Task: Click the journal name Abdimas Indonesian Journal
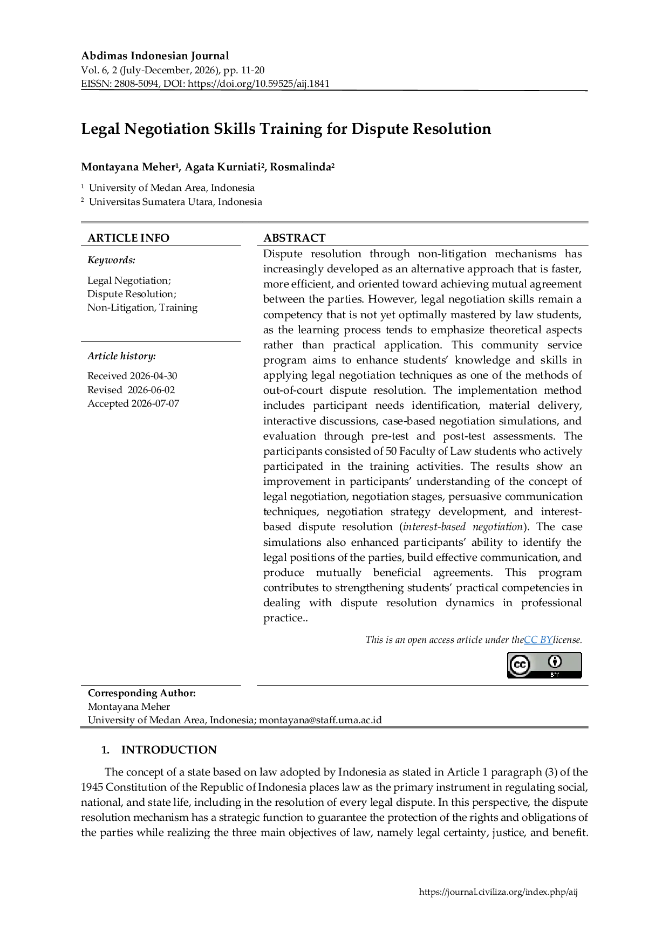[155, 56]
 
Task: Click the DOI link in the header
[258, 84]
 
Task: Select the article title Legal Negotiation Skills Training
[286, 129]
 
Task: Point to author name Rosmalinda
[301, 167]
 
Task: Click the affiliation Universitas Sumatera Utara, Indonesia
[175, 202]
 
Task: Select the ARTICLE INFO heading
[128, 238]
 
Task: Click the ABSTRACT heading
[295, 238]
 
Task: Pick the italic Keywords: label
[112, 260]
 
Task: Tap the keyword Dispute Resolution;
[132, 294]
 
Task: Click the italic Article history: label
[122, 356]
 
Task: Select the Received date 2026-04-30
[153, 376]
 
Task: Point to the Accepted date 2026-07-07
[155, 403]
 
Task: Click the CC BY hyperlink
[538, 640]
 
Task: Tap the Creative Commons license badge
[544, 665]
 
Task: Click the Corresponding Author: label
[142, 693]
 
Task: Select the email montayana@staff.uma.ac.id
[320, 720]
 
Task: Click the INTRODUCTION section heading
[169, 750]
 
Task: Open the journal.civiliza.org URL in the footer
[499, 892]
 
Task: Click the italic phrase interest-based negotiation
[463, 527]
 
